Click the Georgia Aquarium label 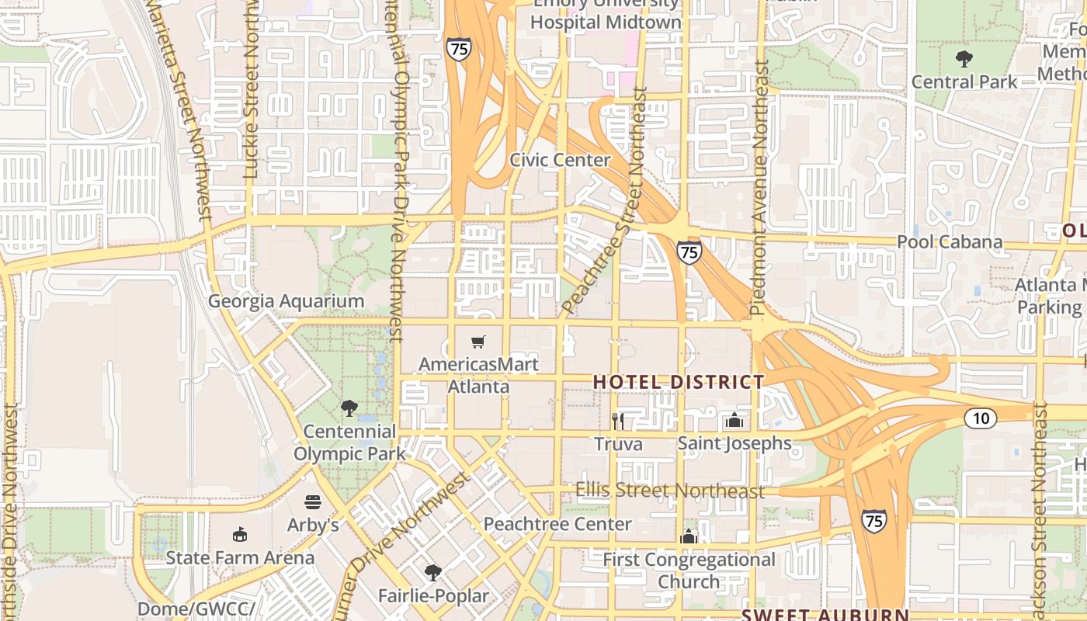click(x=286, y=301)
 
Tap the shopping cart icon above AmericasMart click(x=478, y=342)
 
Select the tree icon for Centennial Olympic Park click(x=349, y=408)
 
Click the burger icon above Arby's click(x=313, y=502)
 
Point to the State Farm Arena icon click(x=240, y=535)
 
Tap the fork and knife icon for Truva click(x=618, y=421)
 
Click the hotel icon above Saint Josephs click(x=735, y=421)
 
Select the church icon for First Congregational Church click(x=689, y=536)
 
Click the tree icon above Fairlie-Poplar click(x=433, y=573)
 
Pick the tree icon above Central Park click(x=964, y=58)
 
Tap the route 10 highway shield click(x=981, y=418)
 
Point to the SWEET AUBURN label click(x=825, y=615)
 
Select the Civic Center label click(x=560, y=160)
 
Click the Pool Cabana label click(x=950, y=241)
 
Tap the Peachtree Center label click(x=557, y=524)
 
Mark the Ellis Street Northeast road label click(x=670, y=491)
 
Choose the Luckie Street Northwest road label click(x=250, y=89)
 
